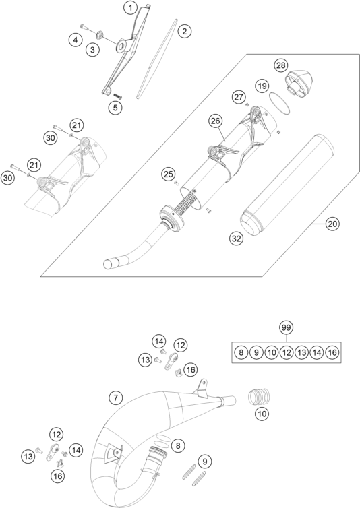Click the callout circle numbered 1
pyautogui.click(x=130, y=8)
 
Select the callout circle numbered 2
pyautogui.click(x=185, y=32)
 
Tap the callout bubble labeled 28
pyautogui.click(x=281, y=65)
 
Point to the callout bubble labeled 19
pyautogui.click(x=262, y=86)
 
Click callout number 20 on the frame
pyautogui.click(x=332, y=224)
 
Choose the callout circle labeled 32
pyautogui.click(x=237, y=239)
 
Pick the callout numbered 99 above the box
pyautogui.click(x=287, y=327)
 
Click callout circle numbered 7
pyautogui.click(x=116, y=398)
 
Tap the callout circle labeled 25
pyautogui.click(x=169, y=174)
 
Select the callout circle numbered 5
pyautogui.click(x=115, y=108)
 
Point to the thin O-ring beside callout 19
pyautogui.click(x=280, y=103)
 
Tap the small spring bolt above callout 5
pyautogui.click(x=118, y=96)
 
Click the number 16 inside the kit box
pyautogui.click(x=332, y=352)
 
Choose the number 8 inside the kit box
pyautogui.click(x=241, y=352)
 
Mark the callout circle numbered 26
pyautogui.click(x=216, y=121)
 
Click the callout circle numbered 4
pyautogui.click(x=76, y=40)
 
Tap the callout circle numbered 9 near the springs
pyautogui.click(x=205, y=462)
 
